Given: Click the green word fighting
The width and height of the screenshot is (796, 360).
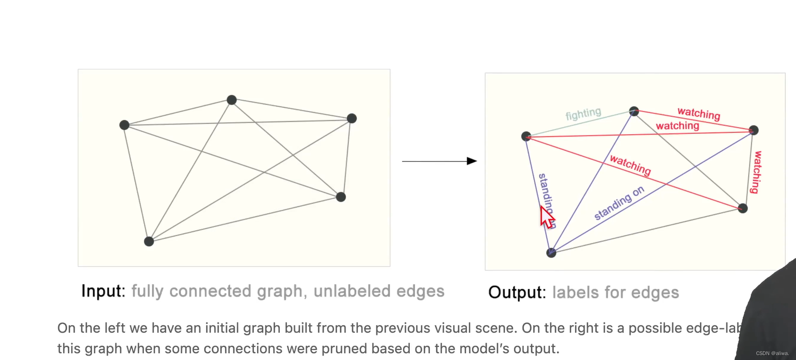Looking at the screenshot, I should click(x=583, y=114).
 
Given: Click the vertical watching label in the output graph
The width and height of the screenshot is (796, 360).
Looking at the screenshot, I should click(x=756, y=172).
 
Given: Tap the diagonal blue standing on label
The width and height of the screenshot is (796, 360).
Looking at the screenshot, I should click(x=619, y=203).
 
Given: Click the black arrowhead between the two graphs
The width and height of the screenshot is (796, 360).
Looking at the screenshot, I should click(x=472, y=161).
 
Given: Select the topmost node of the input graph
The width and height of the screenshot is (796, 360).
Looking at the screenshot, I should click(x=232, y=100).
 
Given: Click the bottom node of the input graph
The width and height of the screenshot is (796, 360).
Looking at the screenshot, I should click(x=149, y=241).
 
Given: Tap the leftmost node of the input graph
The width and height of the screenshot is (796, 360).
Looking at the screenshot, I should click(x=125, y=125).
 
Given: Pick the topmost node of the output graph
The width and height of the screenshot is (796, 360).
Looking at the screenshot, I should click(x=634, y=111).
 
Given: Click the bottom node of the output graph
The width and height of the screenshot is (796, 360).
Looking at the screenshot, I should click(x=552, y=253).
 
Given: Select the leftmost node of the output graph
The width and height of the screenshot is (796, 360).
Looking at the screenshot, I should click(x=526, y=136).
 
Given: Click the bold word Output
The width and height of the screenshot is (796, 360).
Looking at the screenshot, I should click(x=517, y=292).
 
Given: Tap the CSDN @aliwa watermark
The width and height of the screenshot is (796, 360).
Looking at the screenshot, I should click(x=772, y=353).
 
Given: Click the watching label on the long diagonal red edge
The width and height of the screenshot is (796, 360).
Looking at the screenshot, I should click(x=630, y=165).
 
